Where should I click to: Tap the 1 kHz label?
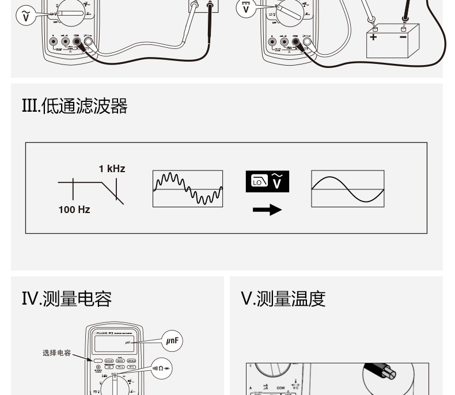112,169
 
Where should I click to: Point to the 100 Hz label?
74,210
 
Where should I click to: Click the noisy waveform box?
188,189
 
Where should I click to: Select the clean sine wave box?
347,189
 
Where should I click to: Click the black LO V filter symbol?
267,181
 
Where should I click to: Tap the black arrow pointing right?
267,210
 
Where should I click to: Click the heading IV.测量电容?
67,299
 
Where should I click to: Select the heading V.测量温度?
283,299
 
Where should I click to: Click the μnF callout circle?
172,341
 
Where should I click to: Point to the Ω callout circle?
161,369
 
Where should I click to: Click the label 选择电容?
56,353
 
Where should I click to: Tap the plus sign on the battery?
373,37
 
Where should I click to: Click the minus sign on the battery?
403,37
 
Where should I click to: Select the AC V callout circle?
25,16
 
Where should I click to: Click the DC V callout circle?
246,9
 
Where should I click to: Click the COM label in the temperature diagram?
280,388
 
